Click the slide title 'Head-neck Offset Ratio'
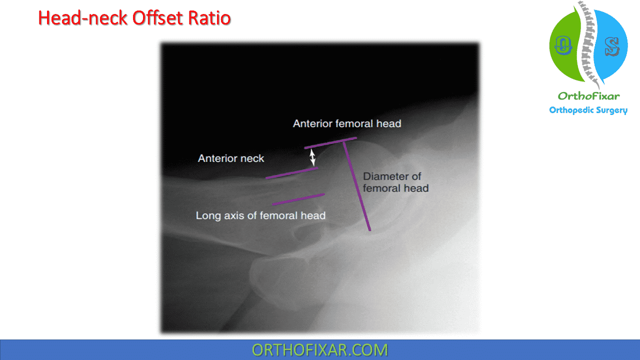[x=134, y=18]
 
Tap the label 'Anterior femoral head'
[x=347, y=123]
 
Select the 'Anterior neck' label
[x=231, y=158]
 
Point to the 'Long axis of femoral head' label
[x=260, y=216]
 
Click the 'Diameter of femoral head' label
[x=395, y=182]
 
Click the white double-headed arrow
[x=312, y=157]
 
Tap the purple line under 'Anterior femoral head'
[x=330, y=142]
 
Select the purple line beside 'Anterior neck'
[x=291, y=172]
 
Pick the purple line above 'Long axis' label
[x=298, y=199]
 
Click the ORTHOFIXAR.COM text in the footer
[x=319, y=350]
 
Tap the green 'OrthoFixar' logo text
[x=588, y=96]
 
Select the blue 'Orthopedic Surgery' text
[x=588, y=110]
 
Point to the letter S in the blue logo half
[x=611, y=46]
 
